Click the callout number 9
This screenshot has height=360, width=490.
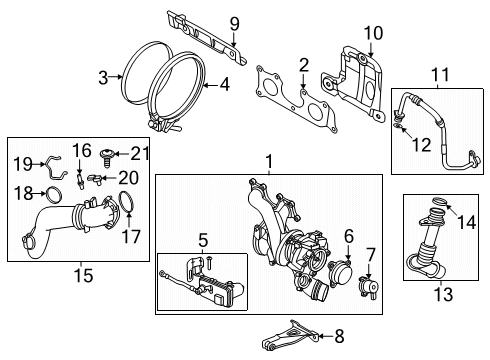[x=235, y=24]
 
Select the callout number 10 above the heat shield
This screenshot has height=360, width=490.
[x=373, y=33]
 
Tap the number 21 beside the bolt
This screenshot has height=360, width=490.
[x=139, y=153]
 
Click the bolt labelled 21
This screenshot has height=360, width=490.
[x=107, y=157]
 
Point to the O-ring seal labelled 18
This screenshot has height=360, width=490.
[x=54, y=195]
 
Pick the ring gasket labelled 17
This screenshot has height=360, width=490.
[x=126, y=201]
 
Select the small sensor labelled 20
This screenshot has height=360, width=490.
[x=95, y=179]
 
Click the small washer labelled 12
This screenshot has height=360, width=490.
[x=397, y=126]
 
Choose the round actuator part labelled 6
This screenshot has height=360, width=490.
[x=340, y=273]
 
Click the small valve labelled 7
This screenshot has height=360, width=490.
[x=368, y=286]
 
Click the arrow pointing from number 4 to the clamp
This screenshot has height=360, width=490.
[x=210, y=86]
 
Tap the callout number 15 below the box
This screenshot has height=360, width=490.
[x=83, y=276]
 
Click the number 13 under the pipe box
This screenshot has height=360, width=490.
[x=443, y=294]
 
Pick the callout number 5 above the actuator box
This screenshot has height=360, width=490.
[x=203, y=240]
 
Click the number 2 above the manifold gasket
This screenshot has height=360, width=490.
[x=304, y=66]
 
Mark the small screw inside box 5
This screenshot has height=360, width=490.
[x=209, y=263]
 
